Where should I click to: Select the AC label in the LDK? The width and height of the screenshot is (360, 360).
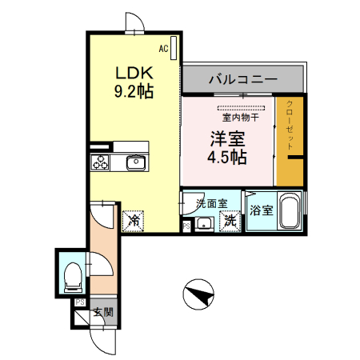[x=163, y=49]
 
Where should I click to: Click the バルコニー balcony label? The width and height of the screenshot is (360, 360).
[x=243, y=80]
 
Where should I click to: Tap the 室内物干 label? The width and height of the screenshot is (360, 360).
[x=240, y=118]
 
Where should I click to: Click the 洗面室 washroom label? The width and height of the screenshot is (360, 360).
[x=212, y=203]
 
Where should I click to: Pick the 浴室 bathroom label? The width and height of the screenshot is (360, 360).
[x=260, y=211]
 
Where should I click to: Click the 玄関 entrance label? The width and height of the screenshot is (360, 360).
[x=101, y=312]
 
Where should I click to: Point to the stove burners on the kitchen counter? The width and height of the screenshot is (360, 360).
[x=101, y=163]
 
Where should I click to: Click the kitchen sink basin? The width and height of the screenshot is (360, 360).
[x=134, y=163]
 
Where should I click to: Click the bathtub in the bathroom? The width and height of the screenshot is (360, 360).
[x=287, y=213]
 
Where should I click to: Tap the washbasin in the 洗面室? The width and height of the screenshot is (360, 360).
[x=204, y=222]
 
